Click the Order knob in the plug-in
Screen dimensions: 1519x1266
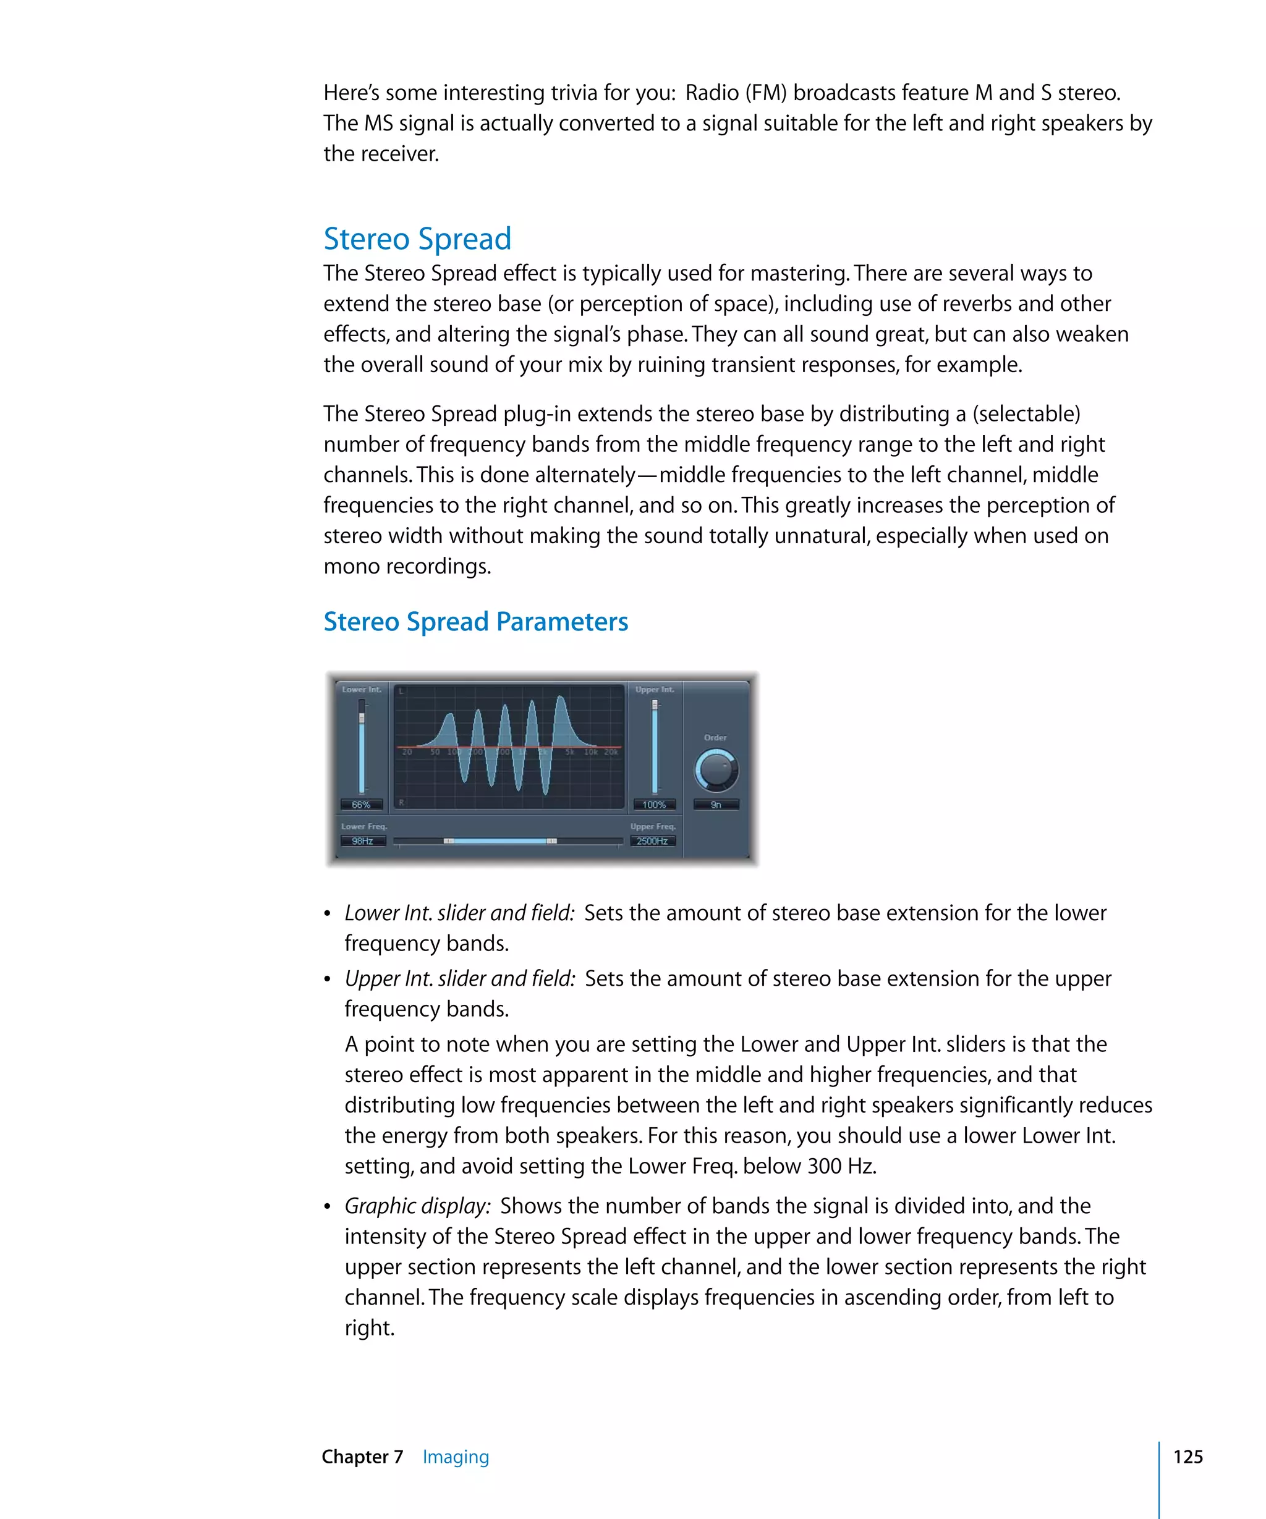[715, 769]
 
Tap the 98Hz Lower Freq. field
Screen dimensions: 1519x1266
[362, 840]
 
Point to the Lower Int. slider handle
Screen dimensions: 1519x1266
[362, 717]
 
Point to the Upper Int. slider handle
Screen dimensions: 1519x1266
[655, 704]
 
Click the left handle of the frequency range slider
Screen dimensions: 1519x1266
[449, 840]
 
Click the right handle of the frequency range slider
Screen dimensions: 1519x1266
[551, 840]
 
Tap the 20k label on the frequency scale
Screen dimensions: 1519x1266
[611, 752]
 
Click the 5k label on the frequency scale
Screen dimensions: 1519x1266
[570, 752]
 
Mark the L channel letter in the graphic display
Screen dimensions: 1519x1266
[402, 692]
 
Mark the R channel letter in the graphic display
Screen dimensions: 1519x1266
[402, 802]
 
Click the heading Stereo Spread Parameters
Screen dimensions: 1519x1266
[475, 621]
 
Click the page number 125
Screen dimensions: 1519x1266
[1188, 1456]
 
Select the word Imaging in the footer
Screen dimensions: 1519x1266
[456, 1456]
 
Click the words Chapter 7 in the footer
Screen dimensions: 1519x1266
[362, 1456]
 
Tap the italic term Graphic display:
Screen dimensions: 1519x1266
[417, 1206]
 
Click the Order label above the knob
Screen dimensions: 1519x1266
[715, 737]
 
